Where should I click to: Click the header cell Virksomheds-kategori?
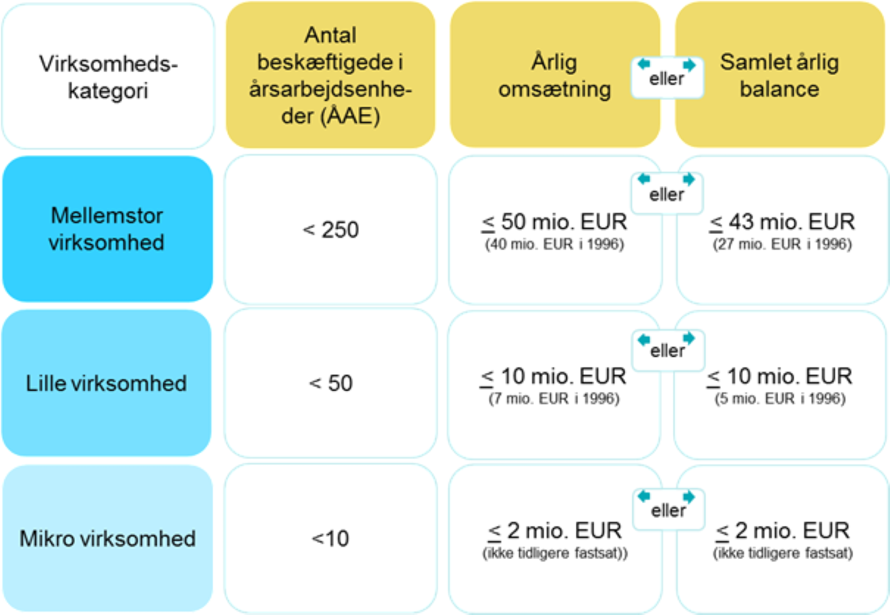tap(108, 76)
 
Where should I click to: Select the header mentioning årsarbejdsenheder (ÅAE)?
tap(330, 75)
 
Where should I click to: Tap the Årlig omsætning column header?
tap(555, 75)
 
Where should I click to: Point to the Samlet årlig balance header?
tap(780, 75)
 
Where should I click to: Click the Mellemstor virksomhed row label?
tap(107, 229)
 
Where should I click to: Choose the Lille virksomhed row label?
tap(107, 383)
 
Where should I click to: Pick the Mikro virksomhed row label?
tap(107, 538)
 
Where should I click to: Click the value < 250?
tap(330, 229)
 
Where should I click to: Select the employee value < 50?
tap(330, 383)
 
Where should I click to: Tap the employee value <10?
tap(330, 538)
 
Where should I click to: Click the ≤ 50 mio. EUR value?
tap(554, 221)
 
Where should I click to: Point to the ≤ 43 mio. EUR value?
tap(782, 221)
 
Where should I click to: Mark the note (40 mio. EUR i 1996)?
tap(554, 244)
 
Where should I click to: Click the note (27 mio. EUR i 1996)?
tap(782, 244)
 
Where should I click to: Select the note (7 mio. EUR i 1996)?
tap(554, 398)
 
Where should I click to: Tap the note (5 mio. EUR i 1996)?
tap(780, 398)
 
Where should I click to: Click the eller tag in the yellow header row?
tap(667, 78)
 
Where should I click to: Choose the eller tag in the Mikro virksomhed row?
tap(669, 509)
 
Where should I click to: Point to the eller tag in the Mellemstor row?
tap(667, 194)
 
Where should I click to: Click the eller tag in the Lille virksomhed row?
tap(668, 350)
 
